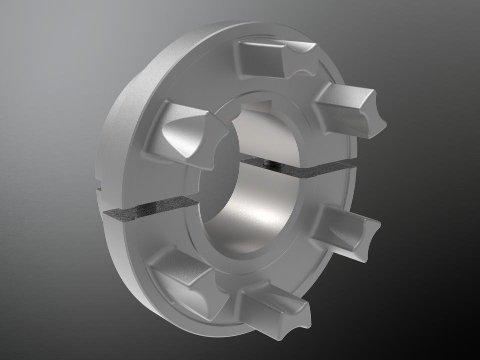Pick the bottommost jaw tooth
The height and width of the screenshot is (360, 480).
tap(270, 305)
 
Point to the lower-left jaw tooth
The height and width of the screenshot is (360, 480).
tap(185, 277)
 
